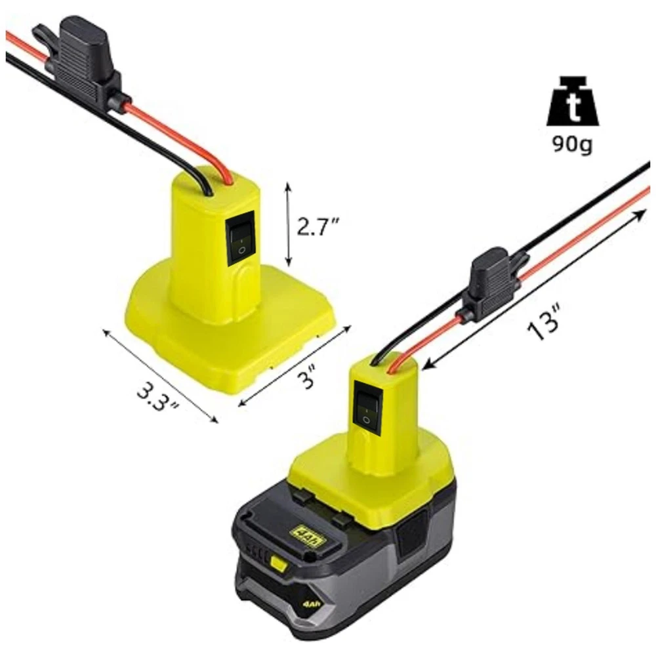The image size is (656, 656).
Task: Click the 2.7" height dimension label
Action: [x=317, y=226]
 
